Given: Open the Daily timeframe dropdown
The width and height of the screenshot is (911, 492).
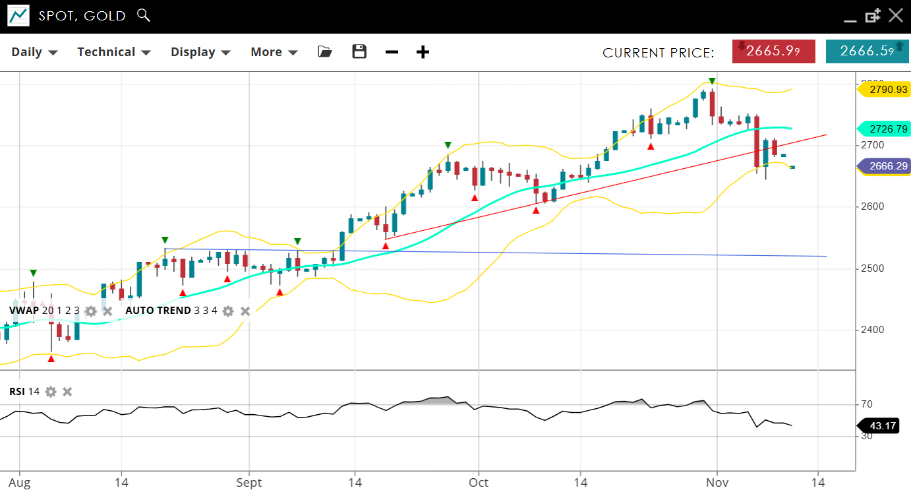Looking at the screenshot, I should [x=34, y=52].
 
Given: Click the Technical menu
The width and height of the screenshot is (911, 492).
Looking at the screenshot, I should [x=114, y=52].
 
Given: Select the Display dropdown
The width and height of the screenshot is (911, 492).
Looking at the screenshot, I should [x=200, y=52].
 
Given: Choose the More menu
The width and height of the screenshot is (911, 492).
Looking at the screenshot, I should [x=274, y=52].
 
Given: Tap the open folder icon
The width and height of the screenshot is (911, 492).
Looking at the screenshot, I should [x=325, y=51].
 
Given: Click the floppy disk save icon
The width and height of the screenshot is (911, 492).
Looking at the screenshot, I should [x=359, y=51].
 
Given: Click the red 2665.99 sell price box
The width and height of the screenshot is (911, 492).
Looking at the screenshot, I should [x=773, y=51].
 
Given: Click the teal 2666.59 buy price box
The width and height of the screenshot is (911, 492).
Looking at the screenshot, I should [x=867, y=51].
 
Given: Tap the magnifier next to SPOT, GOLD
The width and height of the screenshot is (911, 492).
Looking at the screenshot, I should [x=143, y=15].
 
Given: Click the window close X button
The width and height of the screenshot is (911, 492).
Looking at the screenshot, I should [x=895, y=15].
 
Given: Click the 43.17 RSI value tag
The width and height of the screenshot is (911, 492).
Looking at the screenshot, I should [x=882, y=426].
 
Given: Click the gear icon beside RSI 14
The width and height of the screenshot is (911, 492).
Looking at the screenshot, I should [x=51, y=392].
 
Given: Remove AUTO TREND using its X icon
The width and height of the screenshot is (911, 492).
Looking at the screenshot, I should [x=245, y=311].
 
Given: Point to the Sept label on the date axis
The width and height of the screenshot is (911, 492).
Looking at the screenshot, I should [x=249, y=482].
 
